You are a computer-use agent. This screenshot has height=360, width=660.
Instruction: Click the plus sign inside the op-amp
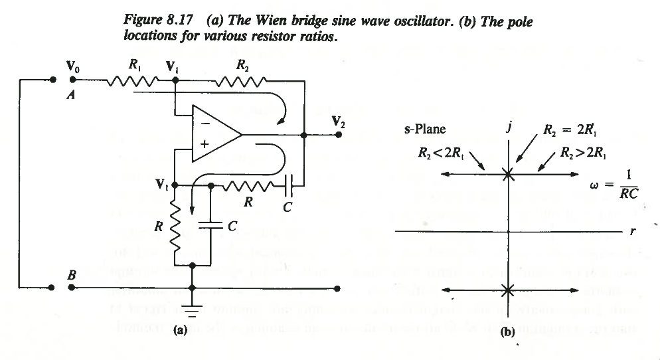coord(205,143)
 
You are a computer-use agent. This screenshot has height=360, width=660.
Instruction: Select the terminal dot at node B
coord(72,288)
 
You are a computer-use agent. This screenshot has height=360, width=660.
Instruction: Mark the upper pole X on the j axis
coord(507,174)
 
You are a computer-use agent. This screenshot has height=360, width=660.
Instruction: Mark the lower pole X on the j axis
coord(507,290)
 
